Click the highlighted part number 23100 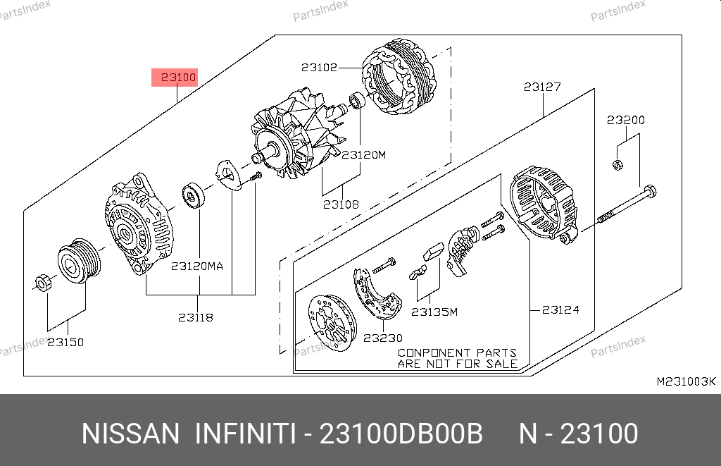click(x=178, y=78)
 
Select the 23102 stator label click(x=319, y=68)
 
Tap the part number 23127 click(x=542, y=87)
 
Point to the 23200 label click(x=625, y=120)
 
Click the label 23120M click(x=364, y=154)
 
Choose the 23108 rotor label click(x=341, y=204)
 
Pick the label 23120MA click(x=197, y=266)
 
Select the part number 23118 click(x=196, y=317)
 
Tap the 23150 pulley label click(x=65, y=342)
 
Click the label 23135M click(x=434, y=312)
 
